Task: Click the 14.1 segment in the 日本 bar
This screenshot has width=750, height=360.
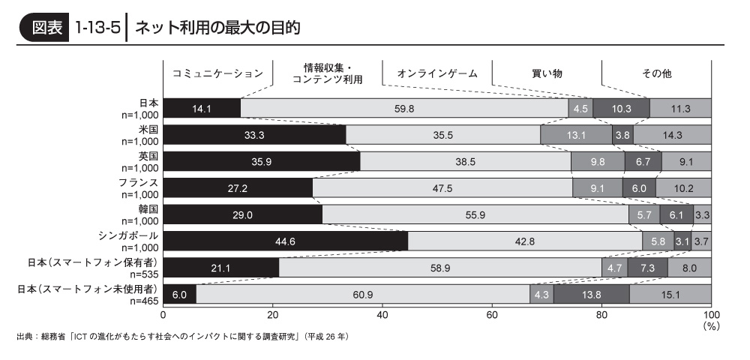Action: point(201,109)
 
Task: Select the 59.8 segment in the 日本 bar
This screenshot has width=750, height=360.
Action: point(404,109)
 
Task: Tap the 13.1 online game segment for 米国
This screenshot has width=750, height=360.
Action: point(576,135)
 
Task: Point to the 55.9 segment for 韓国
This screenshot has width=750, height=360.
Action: point(475,214)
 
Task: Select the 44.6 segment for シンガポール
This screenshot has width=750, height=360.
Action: point(285,241)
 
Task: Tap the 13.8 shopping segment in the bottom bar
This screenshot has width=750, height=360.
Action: point(592,294)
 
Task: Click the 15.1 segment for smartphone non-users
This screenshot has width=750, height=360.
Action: point(670,294)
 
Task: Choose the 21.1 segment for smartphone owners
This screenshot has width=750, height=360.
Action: point(220,268)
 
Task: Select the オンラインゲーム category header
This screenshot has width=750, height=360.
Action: point(437,73)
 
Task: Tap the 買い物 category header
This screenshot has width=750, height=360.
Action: point(547,73)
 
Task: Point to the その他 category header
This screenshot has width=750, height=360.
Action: point(656,73)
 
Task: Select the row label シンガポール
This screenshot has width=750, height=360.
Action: point(129,235)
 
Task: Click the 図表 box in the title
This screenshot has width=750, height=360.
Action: point(46,28)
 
